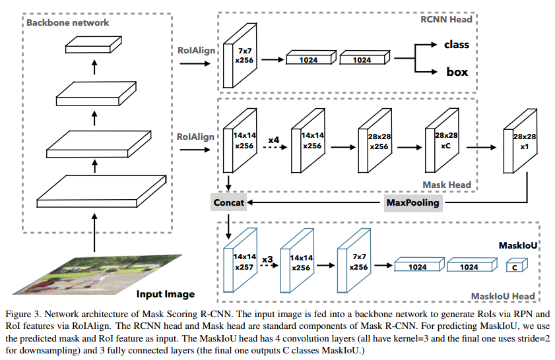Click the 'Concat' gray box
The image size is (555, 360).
[x=229, y=202]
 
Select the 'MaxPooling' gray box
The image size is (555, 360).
[x=412, y=202]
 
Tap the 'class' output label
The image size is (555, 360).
[x=456, y=45]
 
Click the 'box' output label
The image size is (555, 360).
[x=457, y=72]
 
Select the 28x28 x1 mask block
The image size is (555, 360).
[x=518, y=144]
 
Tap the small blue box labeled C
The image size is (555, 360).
[x=515, y=266]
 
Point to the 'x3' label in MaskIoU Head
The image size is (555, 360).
[x=267, y=259]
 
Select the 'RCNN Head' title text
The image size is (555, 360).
[x=446, y=19]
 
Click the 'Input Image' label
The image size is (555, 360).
[x=166, y=293]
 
